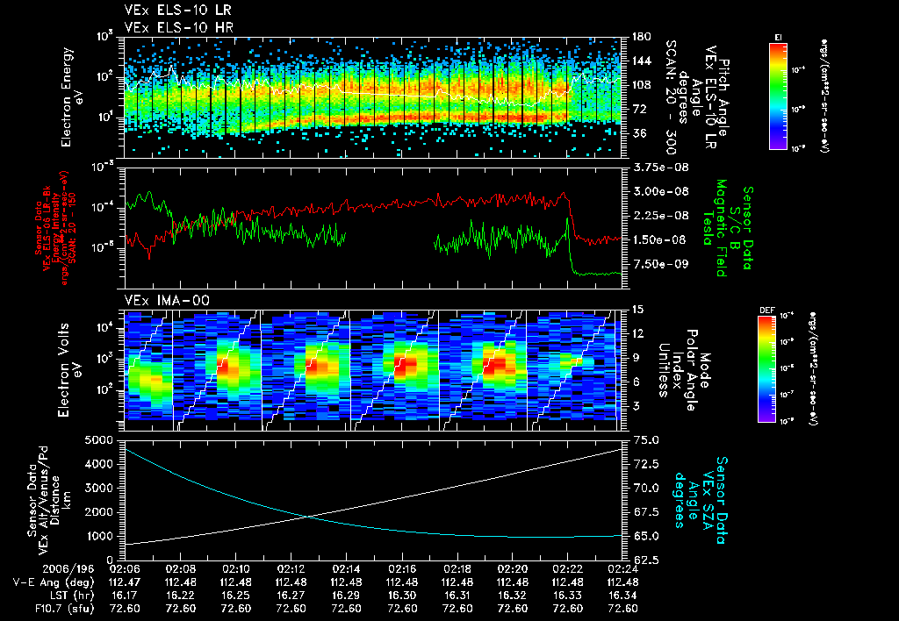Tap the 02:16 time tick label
point(402,567)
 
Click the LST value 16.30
point(402,594)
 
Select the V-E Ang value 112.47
point(125,581)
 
